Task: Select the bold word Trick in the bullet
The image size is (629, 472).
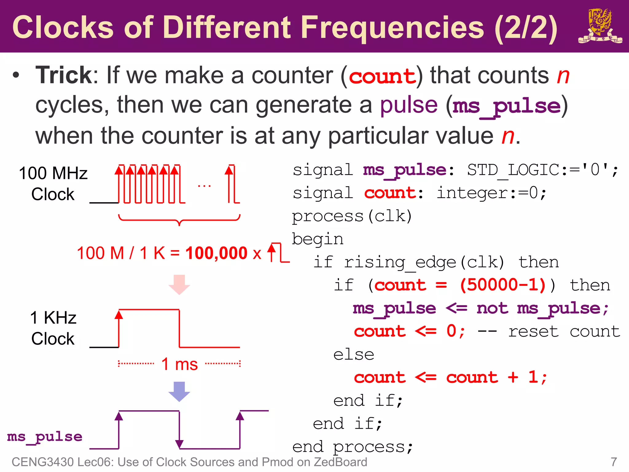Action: point(64,75)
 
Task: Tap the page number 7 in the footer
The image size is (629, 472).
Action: point(614,462)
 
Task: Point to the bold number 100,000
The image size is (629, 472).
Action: point(216,254)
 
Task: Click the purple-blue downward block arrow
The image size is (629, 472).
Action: point(179,391)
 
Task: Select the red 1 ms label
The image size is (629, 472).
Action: point(179,364)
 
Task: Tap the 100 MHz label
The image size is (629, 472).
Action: point(53,173)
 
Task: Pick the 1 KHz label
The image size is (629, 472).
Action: point(53,318)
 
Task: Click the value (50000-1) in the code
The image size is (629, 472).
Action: point(503,285)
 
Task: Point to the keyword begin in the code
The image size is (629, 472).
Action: point(317,239)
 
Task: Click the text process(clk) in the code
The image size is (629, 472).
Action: point(352,216)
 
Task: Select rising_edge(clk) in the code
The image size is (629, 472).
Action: point(424,262)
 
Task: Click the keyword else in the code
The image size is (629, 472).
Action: point(354,355)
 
